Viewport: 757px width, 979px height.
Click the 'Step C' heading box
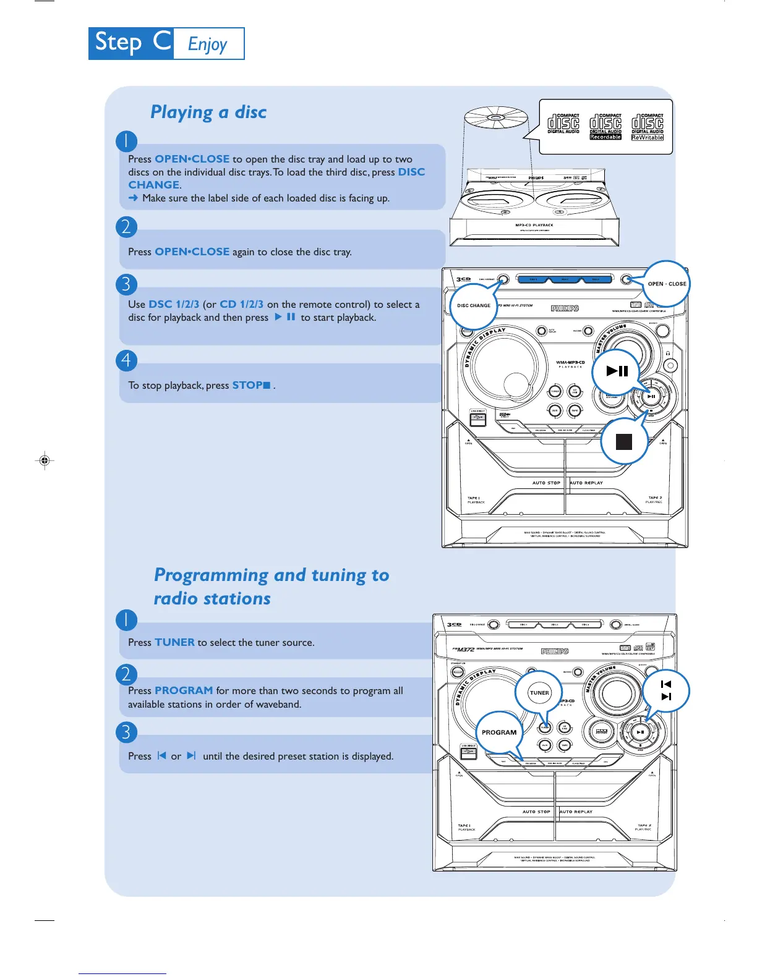tap(131, 43)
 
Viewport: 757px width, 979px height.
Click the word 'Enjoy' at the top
tap(208, 44)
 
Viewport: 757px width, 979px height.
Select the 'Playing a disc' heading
tap(208, 112)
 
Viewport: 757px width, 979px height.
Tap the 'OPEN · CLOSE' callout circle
tap(666, 284)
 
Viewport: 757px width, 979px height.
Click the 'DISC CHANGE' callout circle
tap(474, 305)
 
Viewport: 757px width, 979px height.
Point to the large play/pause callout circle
tap(617, 371)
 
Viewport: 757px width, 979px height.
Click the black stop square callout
tap(624, 441)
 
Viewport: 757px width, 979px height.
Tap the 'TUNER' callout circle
tap(539, 693)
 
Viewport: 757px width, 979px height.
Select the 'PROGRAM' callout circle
tap(499, 732)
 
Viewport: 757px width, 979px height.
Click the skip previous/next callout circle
tap(666, 690)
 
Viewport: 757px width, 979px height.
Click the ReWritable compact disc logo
tap(648, 127)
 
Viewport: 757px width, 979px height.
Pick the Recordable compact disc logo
tap(605, 127)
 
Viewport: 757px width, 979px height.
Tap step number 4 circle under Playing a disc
tap(126, 360)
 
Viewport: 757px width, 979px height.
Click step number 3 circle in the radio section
tap(126, 732)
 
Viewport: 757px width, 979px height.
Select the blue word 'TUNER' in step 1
tap(174, 642)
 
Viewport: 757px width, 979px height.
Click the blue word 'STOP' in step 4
tap(247, 385)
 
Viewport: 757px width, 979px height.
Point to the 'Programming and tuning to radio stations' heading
tap(271, 586)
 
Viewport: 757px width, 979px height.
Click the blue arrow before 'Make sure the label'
tap(133, 198)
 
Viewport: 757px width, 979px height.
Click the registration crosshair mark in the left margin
tap(45, 460)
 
